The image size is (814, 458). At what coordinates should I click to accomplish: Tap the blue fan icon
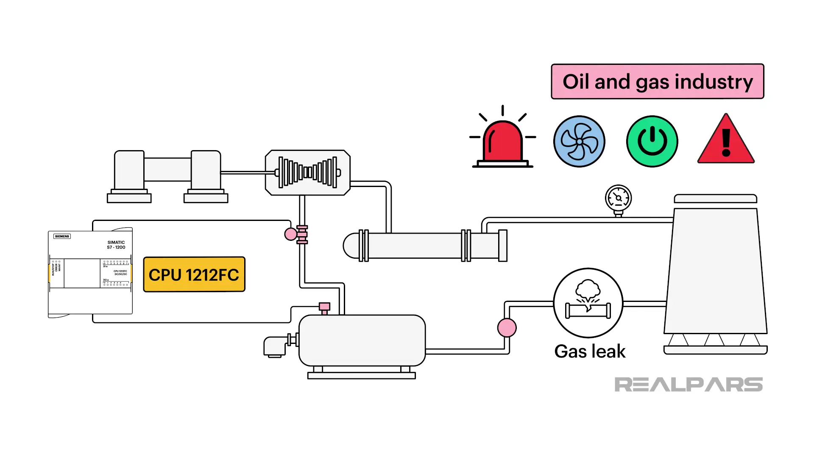579,141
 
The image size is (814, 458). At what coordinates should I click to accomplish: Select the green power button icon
652,141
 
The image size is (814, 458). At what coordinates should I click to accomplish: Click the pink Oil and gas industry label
657,81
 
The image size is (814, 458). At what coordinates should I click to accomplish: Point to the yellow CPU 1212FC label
194,274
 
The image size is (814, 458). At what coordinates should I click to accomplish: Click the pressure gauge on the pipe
618,198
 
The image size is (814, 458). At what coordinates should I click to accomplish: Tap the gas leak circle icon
588,303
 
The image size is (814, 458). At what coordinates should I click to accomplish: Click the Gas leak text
590,352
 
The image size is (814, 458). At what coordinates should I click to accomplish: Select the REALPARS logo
688,385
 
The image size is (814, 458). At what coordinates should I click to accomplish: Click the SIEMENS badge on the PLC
62,236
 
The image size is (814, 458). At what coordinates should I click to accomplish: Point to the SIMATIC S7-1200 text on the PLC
116,245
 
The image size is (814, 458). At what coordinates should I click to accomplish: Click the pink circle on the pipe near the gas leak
507,328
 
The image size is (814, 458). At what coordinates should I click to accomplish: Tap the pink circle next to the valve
291,234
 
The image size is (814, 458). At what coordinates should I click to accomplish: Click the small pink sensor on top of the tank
324,307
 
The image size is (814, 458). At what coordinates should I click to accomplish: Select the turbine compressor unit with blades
308,173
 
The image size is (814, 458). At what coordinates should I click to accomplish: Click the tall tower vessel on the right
716,271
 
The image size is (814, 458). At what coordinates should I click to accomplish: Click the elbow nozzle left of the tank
275,346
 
